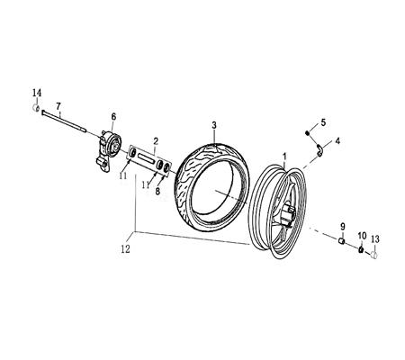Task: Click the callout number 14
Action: [36, 94]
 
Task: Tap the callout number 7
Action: [59, 107]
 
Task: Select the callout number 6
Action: [113, 116]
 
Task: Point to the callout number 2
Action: [156, 141]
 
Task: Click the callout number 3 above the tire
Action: [214, 124]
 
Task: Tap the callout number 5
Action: [325, 122]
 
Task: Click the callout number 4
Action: [337, 141]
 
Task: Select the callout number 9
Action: [342, 225]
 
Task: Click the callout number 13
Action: [376, 238]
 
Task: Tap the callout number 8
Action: [159, 191]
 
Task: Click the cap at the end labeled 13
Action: [375, 254]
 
